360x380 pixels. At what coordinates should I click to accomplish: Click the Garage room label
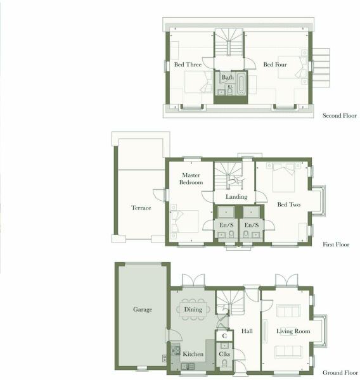pos(143,310)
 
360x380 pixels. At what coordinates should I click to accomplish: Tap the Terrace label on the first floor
pos(141,208)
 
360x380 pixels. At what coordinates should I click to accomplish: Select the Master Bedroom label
pos(191,179)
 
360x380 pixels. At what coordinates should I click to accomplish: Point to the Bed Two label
pos(288,205)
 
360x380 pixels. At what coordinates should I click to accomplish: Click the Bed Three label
pos(188,65)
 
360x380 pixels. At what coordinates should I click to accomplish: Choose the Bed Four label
pos(275,65)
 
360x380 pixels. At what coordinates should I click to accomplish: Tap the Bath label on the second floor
pos(228,77)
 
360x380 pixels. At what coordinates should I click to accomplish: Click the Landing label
pos(236,197)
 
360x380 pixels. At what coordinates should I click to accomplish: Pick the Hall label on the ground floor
pos(247,331)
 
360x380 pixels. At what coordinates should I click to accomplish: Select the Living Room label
pos(293,331)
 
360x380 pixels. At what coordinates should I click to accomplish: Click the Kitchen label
pos(193,354)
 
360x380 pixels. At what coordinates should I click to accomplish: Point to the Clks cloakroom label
pos(224,354)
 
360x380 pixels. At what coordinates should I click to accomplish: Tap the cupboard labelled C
pos(224,336)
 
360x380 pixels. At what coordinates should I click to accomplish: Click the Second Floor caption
pos(339,116)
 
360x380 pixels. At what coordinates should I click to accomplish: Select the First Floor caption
pos(336,244)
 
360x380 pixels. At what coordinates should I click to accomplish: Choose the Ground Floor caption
pos(340,372)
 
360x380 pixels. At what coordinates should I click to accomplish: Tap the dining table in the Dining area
pos(193,310)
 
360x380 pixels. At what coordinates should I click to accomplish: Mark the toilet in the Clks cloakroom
pos(224,363)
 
